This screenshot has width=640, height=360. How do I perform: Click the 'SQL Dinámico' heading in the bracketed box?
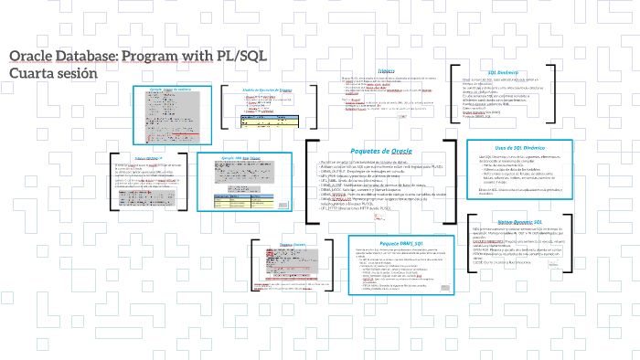(504, 71)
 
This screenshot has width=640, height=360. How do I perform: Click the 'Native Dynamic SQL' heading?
(517, 221)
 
